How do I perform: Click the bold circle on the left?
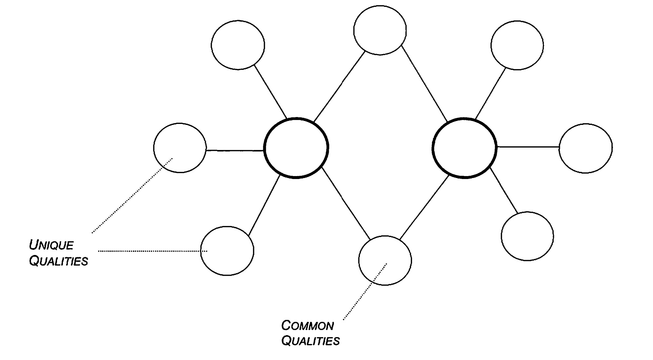(296, 148)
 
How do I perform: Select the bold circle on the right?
(465, 148)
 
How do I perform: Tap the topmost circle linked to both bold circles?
(380, 30)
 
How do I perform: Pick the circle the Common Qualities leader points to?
(385, 260)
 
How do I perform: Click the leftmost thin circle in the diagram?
(180, 148)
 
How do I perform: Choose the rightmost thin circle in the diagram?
(585, 148)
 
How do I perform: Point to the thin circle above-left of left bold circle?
(238, 45)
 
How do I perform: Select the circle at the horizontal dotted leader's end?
(227, 251)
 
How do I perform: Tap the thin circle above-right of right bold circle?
(517, 45)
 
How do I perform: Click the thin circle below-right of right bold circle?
(527, 236)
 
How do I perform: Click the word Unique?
(51, 245)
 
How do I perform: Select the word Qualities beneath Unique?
(58, 261)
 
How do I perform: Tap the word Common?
(307, 326)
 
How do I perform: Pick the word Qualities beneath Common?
(310, 341)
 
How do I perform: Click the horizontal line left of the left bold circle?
(235, 150)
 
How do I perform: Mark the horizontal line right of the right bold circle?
(528, 147)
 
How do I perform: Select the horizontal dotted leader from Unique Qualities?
(152, 251)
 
